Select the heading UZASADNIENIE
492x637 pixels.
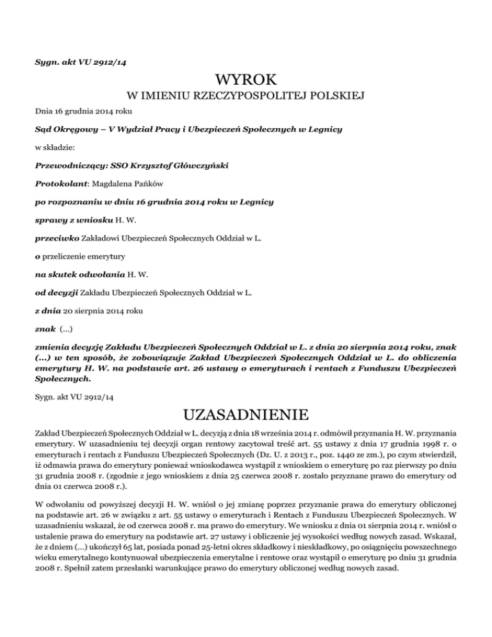point(246,409)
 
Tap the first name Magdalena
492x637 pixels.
point(122,184)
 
